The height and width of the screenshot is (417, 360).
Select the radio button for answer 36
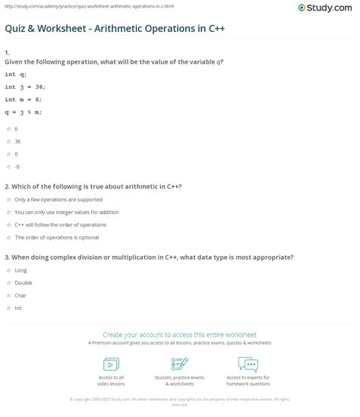pyautogui.click(x=7, y=141)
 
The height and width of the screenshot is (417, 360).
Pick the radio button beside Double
pyautogui.click(x=7, y=283)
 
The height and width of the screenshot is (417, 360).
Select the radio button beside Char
pyautogui.click(x=7, y=295)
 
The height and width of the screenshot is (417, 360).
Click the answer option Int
pyautogui.click(x=18, y=308)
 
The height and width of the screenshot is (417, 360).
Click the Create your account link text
pyautogui.click(x=179, y=333)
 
